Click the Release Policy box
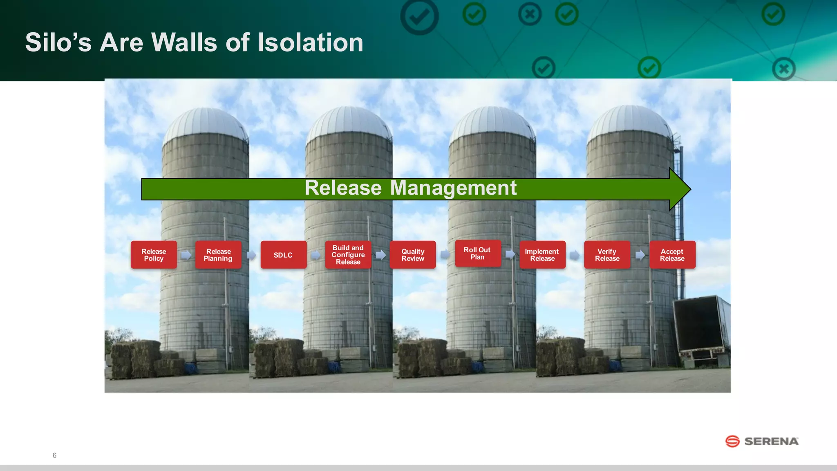point(154,255)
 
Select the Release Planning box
point(218,255)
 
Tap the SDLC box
point(283,255)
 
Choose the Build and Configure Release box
point(348,255)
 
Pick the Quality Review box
point(413,255)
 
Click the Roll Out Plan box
point(477,253)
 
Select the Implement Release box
point(542,255)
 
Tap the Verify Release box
point(607,255)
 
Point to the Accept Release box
point(672,255)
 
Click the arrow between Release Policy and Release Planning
point(186,255)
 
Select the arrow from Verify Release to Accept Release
point(640,255)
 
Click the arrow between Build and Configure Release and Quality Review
point(380,255)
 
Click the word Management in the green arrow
point(453,188)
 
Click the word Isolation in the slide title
point(310,43)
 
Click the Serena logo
point(761,441)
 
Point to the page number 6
point(54,455)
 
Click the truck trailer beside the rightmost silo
point(700,327)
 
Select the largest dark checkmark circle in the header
point(419,16)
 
